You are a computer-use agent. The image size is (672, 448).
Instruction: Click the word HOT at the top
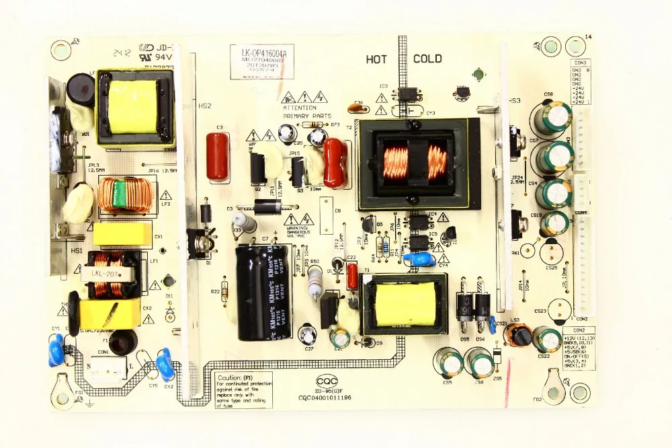click(x=376, y=59)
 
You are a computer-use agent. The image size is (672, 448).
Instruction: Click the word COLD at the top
click(x=427, y=59)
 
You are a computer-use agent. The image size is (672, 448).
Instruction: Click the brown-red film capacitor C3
click(x=217, y=155)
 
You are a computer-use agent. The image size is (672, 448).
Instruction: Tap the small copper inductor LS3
click(x=518, y=334)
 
